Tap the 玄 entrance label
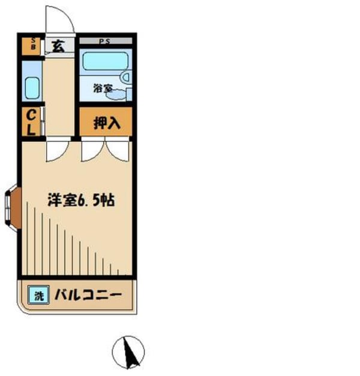58,46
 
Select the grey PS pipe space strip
105,41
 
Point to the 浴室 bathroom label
102,88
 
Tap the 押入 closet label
107,123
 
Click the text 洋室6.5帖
81,200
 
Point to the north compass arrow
131,353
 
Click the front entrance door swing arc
60,19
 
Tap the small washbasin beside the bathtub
125,77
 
